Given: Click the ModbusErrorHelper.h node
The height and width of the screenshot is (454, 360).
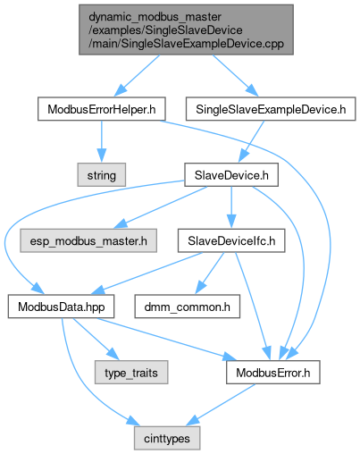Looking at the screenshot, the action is pyautogui.click(x=101, y=109).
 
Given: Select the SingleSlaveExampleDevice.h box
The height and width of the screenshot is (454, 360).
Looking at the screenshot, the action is pyautogui.click(x=271, y=109).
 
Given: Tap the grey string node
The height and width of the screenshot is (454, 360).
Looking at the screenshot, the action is pyautogui.click(x=102, y=175).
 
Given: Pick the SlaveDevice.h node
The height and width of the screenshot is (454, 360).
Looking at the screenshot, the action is pyautogui.click(x=231, y=175).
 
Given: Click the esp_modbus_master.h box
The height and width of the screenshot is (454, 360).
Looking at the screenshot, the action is pyautogui.click(x=88, y=240).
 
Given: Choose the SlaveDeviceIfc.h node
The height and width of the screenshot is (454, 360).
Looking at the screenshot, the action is pyautogui.click(x=231, y=240).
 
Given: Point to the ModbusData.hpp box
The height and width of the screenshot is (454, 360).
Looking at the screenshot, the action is pyautogui.click(x=61, y=307).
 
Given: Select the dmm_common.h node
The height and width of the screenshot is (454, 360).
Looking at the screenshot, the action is pyautogui.click(x=188, y=307).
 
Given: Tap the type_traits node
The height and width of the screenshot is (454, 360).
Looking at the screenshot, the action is pyautogui.click(x=131, y=373).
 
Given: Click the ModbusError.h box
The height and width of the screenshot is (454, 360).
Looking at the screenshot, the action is pyautogui.click(x=273, y=373).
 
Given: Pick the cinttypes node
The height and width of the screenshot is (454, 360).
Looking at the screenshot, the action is pyautogui.click(x=167, y=438).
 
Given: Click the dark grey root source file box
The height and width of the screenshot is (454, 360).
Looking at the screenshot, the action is pyautogui.click(x=186, y=29).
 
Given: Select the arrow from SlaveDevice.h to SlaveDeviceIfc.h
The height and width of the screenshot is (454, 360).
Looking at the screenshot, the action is pyautogui.click(x=231, y=207).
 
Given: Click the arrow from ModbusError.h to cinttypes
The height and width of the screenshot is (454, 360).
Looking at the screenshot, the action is pyautogui.click(x=221, y=405).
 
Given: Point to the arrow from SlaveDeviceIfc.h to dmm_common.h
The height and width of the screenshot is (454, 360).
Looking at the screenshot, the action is pyautogui.click(x=210, y=273).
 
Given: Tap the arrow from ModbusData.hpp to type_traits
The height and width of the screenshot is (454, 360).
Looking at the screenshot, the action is pyautogui.click(x=96, y=340).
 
